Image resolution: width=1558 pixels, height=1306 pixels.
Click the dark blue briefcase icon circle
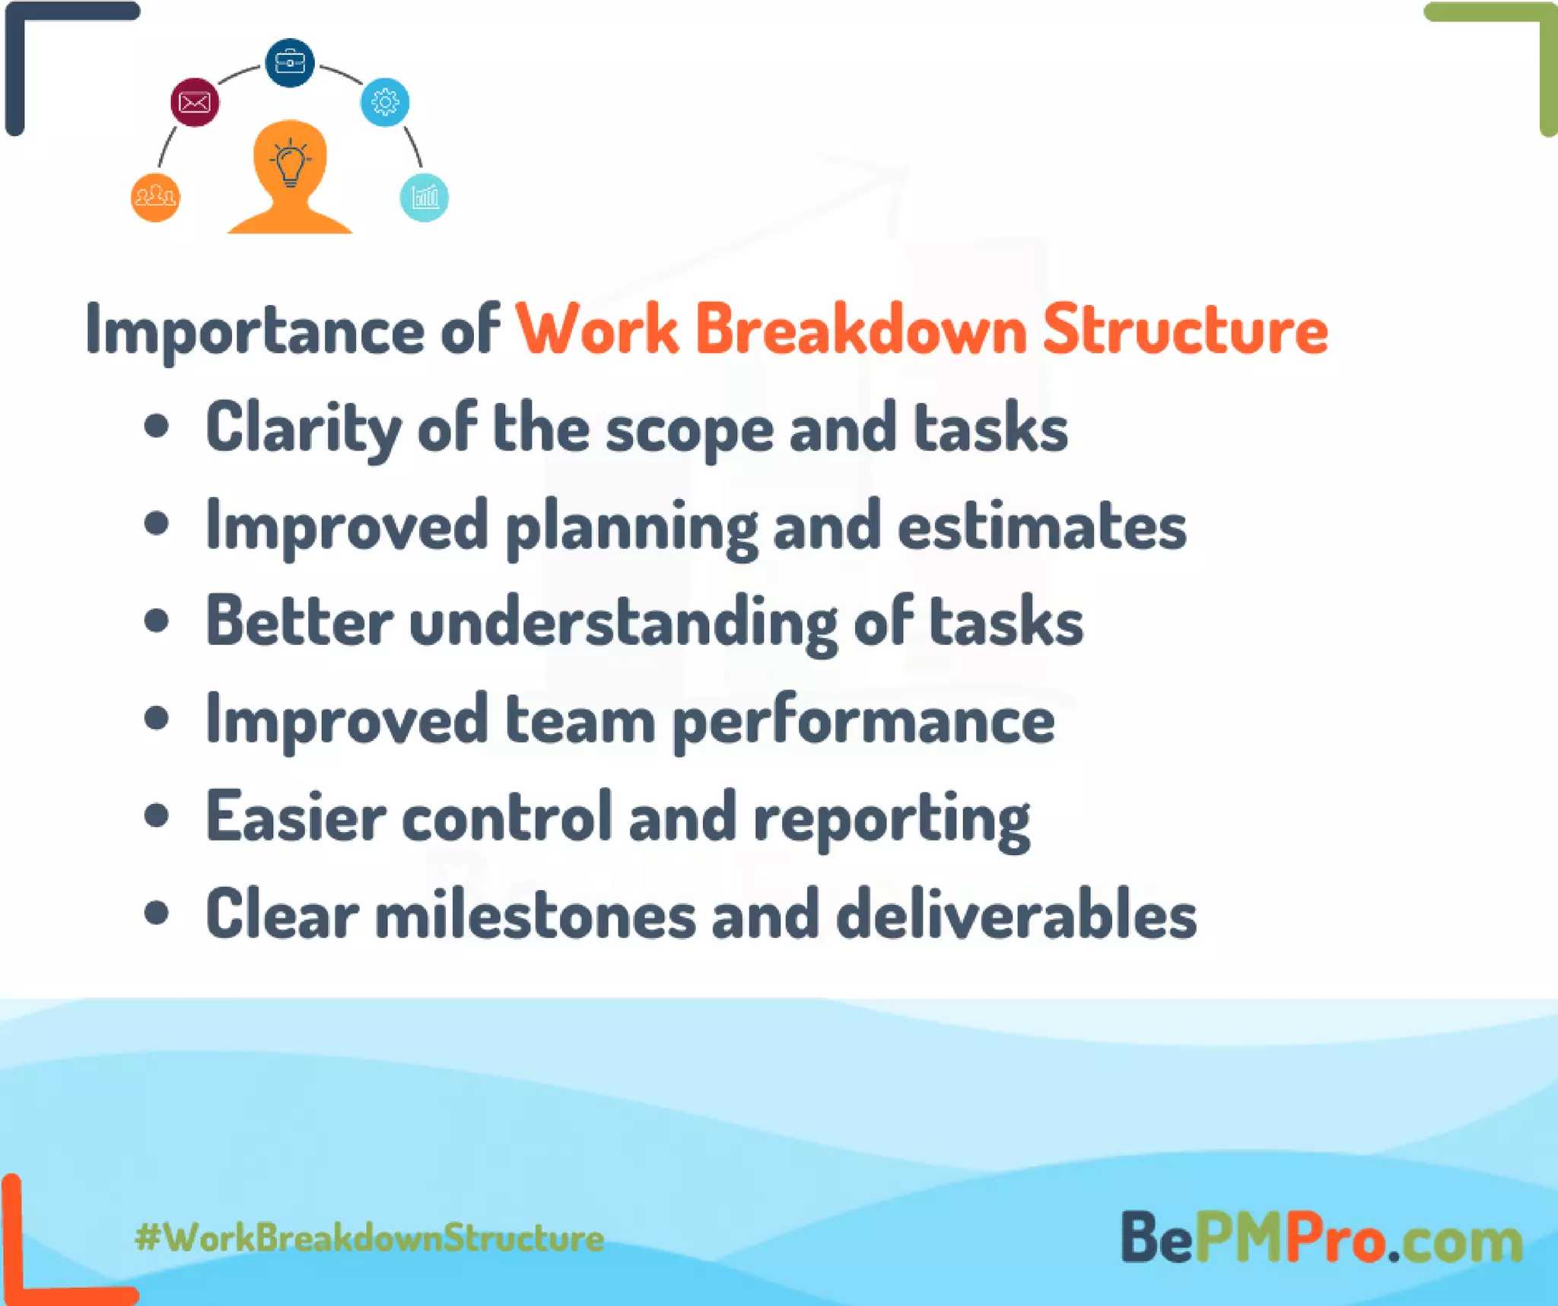pyautogui.click(x=289, y=62)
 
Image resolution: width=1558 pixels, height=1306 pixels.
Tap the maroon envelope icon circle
pyautogui.click(x=195, y=102)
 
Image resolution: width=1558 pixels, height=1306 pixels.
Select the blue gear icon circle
pyautogui.click(x=385, y=102)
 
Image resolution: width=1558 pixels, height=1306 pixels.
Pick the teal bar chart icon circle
pyautogui.click(x=424, y=198)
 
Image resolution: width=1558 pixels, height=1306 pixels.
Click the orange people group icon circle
pyautogui.click(x=155, y=198)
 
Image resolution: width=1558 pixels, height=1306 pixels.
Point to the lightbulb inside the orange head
pyautogui.click(x=290, y=163)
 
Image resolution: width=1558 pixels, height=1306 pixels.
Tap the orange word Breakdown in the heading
pyautogui.click(x=860, y=329)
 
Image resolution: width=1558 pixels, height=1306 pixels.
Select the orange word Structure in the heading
pyautogui.click(x=1185, y=329)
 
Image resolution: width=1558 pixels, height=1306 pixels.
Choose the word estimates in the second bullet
pyautogui.click(x=1041, y=526)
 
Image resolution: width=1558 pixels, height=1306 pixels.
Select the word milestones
pyautogui.click(x=536, y=915)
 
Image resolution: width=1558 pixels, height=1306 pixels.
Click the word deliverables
pyautogui.click(x=1016, y=915)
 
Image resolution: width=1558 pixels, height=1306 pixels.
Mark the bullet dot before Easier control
pyautogui.click(x=156, y=816)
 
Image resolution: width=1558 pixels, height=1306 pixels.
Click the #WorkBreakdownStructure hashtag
pyautogui.click(x=370, y=1238)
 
